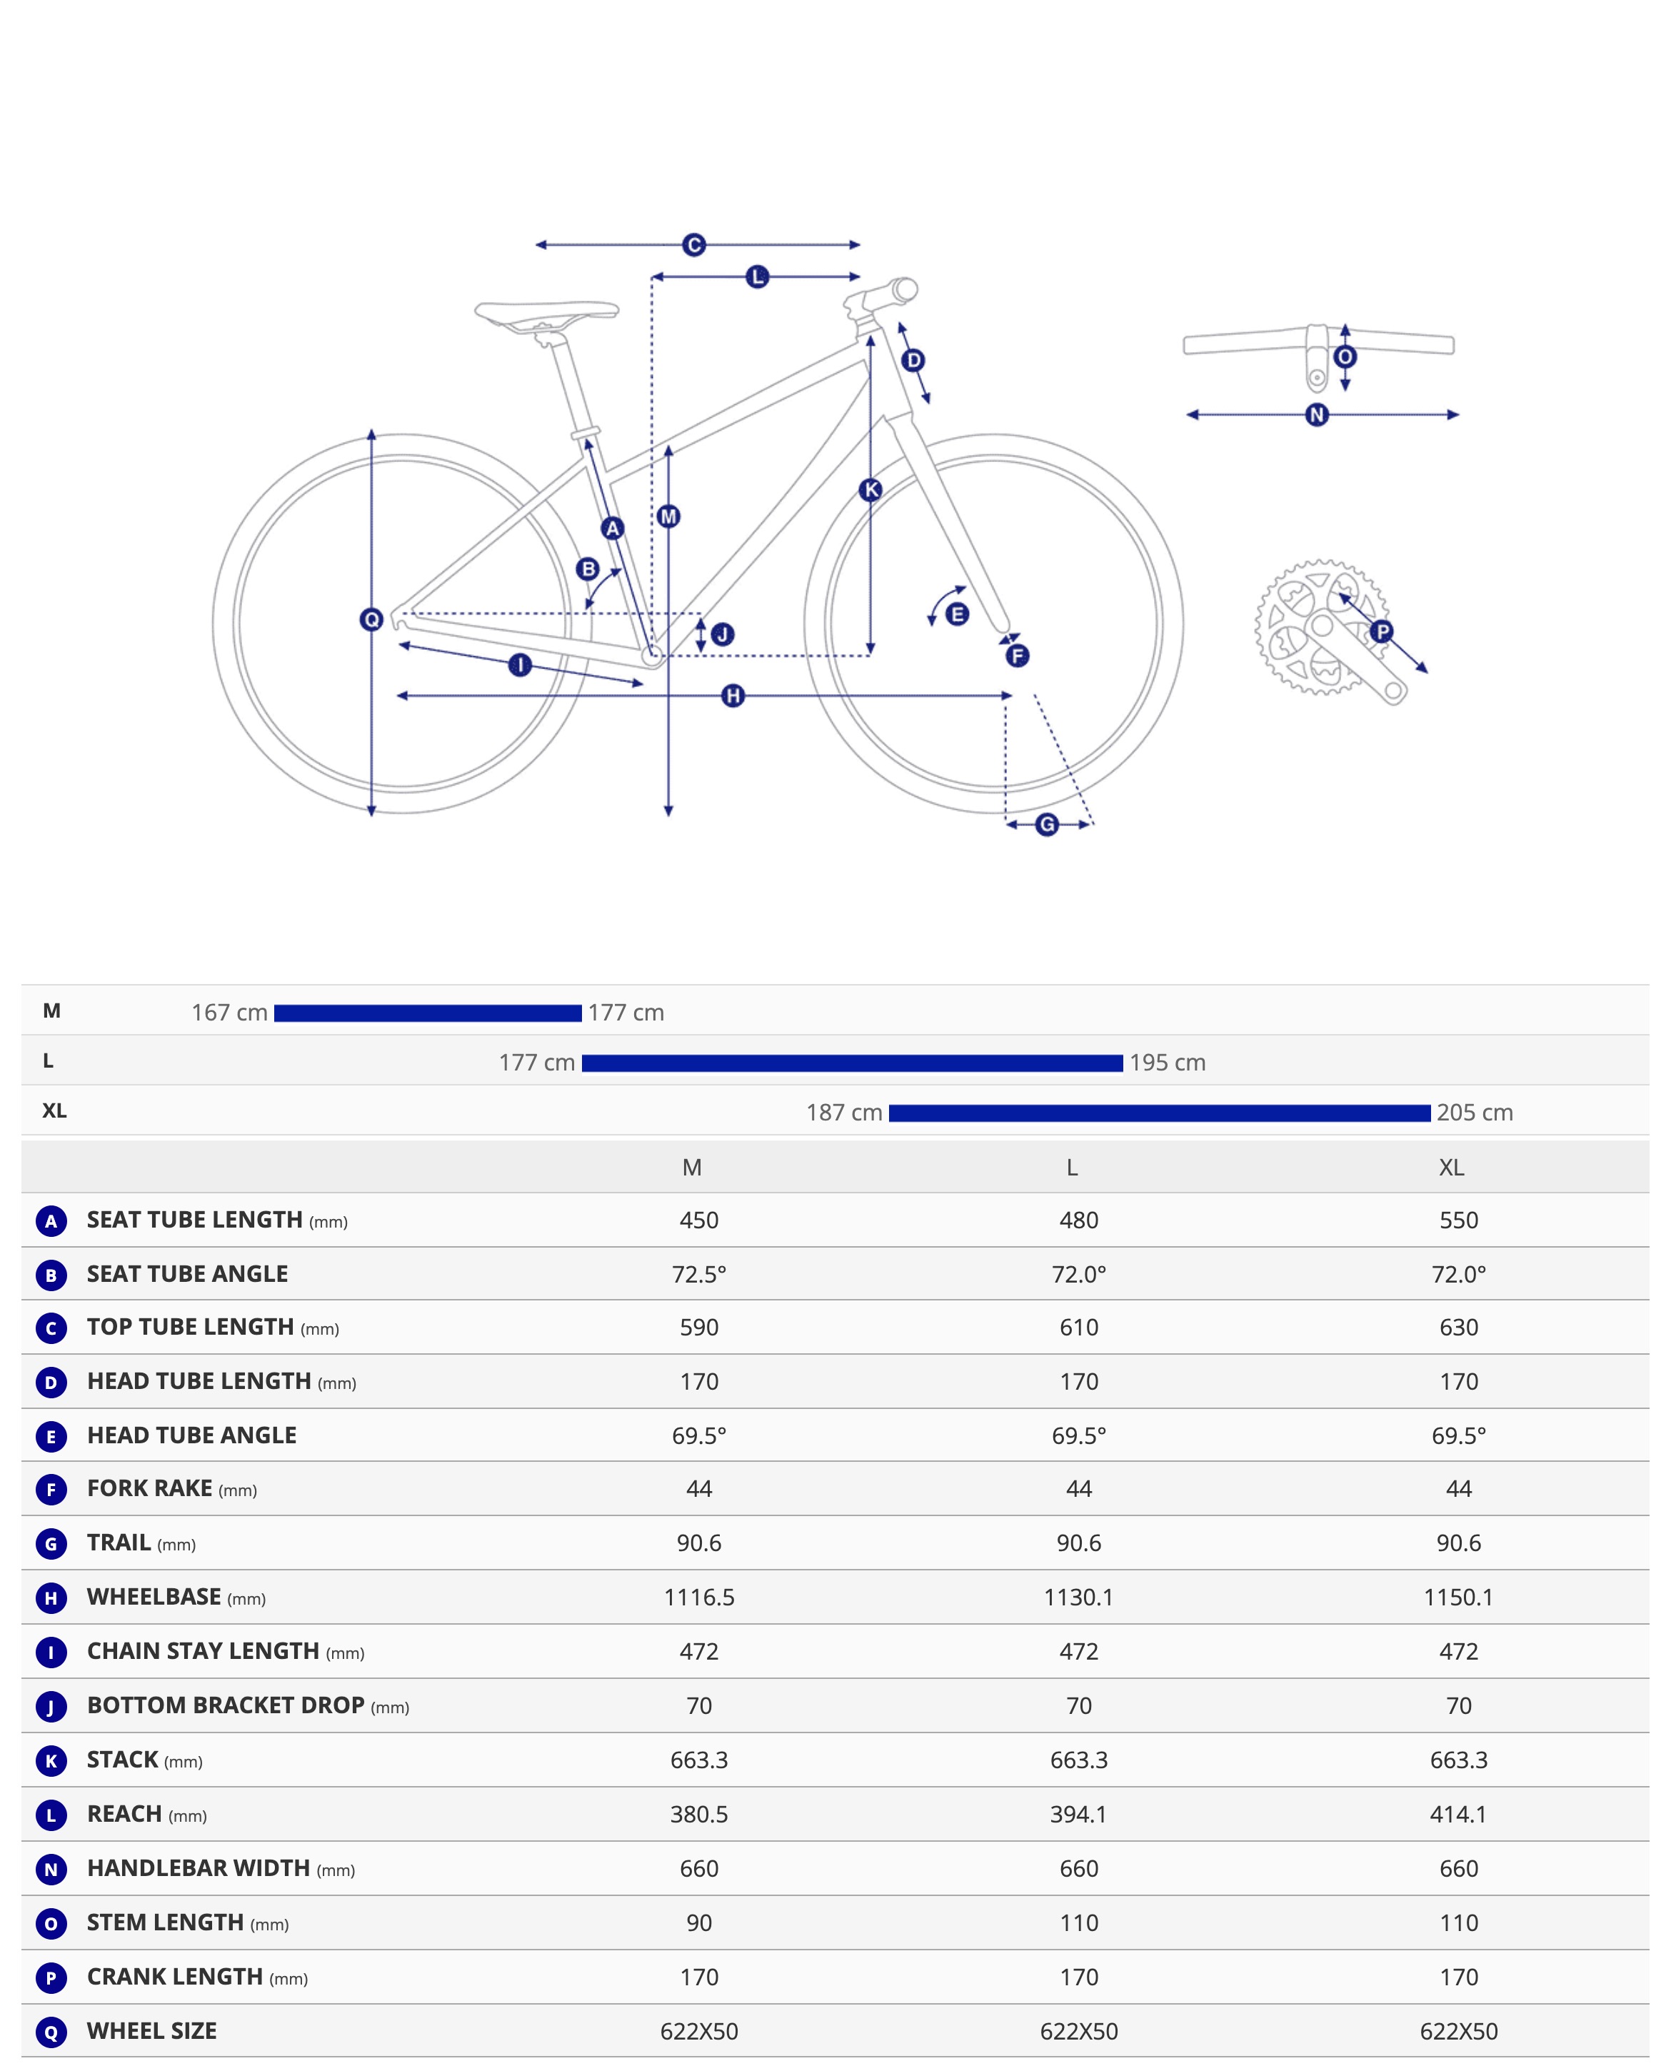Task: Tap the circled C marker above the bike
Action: [694, 246]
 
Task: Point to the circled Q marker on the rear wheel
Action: [371, 620]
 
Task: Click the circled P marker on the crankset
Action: [1381, 632]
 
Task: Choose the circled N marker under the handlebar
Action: [1317, 416]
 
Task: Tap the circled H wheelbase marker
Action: [733, 696]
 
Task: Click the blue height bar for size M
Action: [427, 1013]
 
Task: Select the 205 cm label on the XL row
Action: [1475, 1113]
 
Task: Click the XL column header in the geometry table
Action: [1452, 1168]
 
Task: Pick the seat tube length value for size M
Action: [699, 1220]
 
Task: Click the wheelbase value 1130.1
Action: [1078, 1598]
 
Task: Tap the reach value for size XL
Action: [1458, 1814]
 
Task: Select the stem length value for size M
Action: [699, 1922]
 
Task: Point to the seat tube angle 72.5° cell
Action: [699, 1274]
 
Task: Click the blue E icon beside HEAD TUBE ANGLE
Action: [51, 1437]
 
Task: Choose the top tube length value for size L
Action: [1078, 1328]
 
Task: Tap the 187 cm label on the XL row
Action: [844, 1113]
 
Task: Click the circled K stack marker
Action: [870, 490]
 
